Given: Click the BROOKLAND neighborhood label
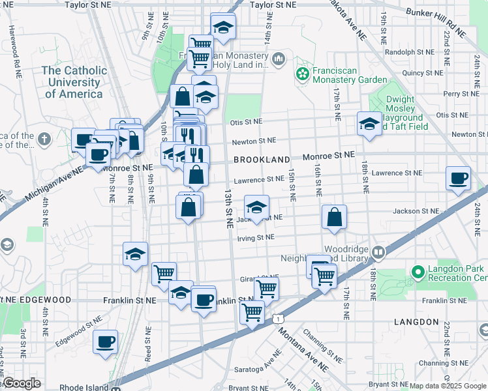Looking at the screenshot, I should (262, 160).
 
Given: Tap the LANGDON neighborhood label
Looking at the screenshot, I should (416, 322).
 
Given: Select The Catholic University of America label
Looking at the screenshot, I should (74, 82).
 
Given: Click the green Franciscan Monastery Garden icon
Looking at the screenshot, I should (302, 74).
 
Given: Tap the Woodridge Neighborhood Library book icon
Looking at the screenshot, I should (378, 252).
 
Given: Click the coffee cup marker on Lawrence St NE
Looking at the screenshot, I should (458, 178).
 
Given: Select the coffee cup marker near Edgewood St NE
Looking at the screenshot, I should (105, 341).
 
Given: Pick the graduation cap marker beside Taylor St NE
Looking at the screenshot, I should (223, 26).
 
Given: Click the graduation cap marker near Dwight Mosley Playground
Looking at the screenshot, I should (369, 124).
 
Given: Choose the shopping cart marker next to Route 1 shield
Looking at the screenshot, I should (252, 311).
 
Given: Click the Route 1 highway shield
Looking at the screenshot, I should (279, 318).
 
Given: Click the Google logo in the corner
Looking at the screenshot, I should (22, 383).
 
